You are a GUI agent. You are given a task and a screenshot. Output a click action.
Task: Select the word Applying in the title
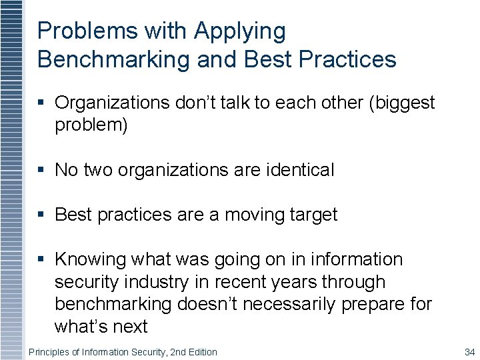point(239,31)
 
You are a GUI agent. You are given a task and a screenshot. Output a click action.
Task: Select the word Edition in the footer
point(200,352)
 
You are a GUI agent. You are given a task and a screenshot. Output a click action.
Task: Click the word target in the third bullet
point(315,215)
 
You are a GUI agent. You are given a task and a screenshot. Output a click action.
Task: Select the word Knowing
point(91,259)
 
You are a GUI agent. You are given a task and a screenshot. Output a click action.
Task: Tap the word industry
point(156,282)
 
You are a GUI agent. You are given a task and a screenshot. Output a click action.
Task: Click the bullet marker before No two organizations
point(42,171)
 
